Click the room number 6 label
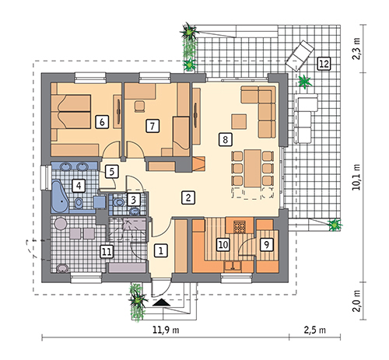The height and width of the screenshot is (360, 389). coord(102,122)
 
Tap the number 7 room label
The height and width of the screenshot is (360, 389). coord(152,126)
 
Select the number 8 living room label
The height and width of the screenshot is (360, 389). coord(225,140)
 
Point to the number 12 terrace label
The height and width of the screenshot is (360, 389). coord(324,64)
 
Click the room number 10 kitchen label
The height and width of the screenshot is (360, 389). coord(223,245)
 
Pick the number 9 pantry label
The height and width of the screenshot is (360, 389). coord(266,244)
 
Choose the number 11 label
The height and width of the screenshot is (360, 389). coord(107,252)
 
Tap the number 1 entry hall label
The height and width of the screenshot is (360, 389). coord(161,250)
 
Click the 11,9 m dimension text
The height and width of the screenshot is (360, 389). coord(166,330)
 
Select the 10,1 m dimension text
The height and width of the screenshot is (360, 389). coord(356,177)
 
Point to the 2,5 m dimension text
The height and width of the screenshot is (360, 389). coord(314,330)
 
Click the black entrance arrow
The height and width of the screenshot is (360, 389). coord(161,302)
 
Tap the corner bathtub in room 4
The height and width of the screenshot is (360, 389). coord(60,196)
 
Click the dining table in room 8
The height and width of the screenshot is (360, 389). coord(253,168)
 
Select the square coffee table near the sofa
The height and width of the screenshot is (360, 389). coord(239,121)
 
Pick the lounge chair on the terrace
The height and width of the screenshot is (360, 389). coord(300,56)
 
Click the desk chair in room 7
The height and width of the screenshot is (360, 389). coord(140,107)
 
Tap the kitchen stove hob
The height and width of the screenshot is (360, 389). coord(240,227)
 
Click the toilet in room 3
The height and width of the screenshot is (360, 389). coord(119,202)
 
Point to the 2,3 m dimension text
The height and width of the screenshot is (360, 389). coord(356,49)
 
